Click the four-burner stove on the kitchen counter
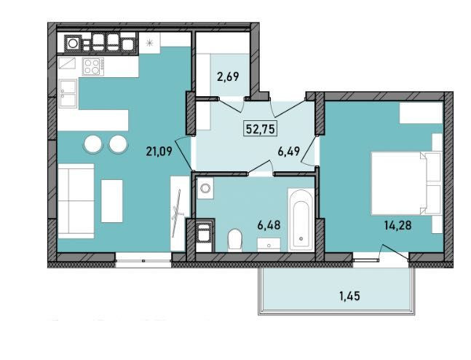(92, 67)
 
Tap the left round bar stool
(94, 144)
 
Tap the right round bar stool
(117, 144)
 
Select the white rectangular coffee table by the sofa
(111, 200)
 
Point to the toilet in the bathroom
(235, 238)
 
